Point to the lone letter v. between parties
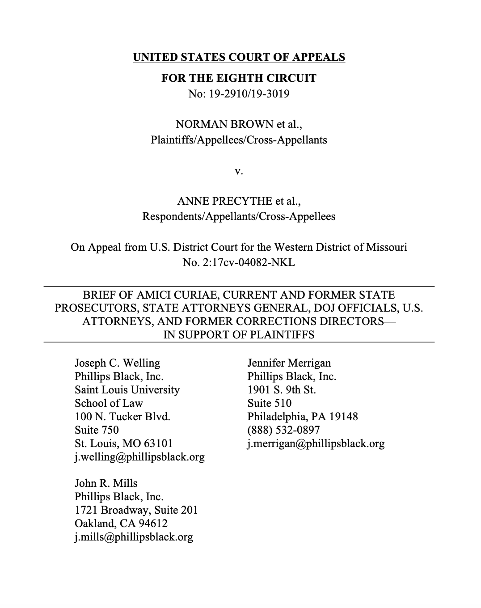[239, 171]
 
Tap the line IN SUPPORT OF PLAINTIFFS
[239, 335]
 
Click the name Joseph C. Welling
[117, 363]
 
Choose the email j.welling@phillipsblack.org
[139, 457]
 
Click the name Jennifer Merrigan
[289, 363]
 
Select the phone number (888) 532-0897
[283, 430]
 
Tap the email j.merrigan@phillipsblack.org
[316, 443]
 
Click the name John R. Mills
[106, 483]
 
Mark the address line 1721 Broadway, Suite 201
[136, 510]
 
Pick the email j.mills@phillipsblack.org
[134, 537]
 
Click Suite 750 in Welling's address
[97, 430]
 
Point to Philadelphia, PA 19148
[303, 417]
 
